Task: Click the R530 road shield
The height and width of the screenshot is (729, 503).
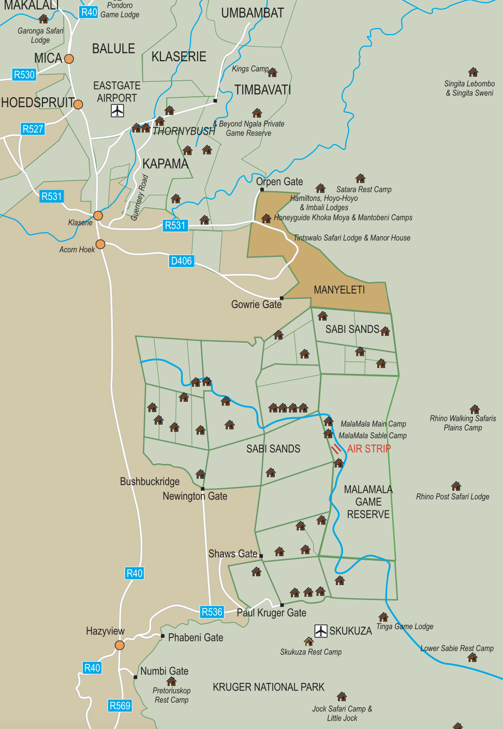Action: coord(24,75)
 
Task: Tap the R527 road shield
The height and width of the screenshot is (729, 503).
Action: coord(33,129)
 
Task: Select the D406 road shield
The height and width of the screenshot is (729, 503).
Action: coord(181,261)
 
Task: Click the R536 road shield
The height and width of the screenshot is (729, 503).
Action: coord(212,612)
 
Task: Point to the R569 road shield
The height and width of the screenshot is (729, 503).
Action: coord(120,706)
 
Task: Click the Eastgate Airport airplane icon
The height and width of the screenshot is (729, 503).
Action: coord(117,111)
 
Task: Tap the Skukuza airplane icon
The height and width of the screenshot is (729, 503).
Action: coord(321,631)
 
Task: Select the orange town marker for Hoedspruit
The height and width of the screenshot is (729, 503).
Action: coord(78,105)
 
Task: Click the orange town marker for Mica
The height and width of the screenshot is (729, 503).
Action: coord(69,59)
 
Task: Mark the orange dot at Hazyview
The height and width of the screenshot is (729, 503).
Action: coord(120,645)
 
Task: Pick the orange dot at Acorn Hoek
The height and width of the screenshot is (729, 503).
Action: coord(100,244)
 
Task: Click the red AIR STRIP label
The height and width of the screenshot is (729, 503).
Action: coord(369,449)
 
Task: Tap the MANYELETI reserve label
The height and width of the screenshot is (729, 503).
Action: coord(339,290)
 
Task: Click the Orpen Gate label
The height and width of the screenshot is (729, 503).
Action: coord(279,182)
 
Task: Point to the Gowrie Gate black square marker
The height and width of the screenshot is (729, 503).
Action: coord(282,298)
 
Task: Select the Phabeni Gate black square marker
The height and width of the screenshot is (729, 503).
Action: coord(162,636)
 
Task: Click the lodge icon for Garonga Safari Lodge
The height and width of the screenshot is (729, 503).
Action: coord(43,19)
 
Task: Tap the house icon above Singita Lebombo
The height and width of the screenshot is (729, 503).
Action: coord(473,72)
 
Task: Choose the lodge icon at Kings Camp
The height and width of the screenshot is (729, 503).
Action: coord(273,72)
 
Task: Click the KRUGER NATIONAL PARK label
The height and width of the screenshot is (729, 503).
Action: coord(269,687)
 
